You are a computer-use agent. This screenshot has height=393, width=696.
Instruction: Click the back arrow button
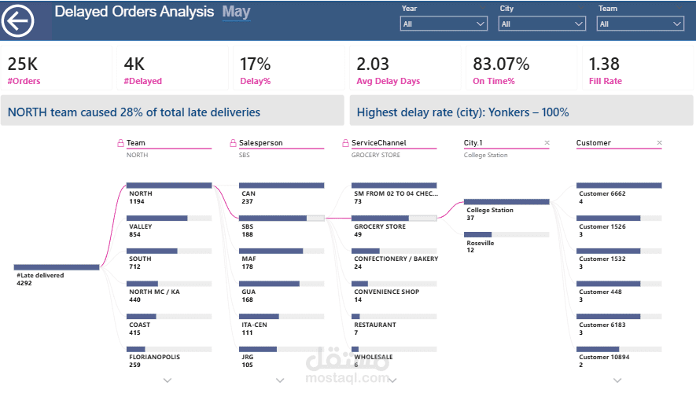18,20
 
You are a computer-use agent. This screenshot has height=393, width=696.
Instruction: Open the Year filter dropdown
444,24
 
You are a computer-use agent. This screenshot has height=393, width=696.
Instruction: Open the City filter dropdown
543,24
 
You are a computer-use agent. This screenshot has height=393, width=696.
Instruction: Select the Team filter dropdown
641,24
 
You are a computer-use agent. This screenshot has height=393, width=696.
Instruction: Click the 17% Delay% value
255,64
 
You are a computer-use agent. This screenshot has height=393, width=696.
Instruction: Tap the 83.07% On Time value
501,64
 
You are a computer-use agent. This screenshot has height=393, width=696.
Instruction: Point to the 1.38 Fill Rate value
605,64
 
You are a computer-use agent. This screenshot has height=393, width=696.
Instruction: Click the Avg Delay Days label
388,81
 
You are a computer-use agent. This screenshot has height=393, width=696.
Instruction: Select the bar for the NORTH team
169,185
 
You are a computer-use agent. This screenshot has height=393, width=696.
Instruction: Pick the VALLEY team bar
157,219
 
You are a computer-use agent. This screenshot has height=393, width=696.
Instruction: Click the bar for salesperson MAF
271,252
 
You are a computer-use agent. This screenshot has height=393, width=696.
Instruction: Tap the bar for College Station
506,202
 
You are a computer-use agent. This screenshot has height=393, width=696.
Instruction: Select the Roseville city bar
477,234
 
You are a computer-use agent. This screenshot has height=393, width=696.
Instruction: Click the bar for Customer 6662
619,185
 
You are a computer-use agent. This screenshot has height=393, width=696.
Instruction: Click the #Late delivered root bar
57,267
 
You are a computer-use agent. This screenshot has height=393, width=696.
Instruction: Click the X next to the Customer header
659,143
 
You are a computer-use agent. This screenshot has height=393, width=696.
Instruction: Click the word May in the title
236,12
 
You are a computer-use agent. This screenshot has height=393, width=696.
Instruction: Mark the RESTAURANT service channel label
375,325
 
